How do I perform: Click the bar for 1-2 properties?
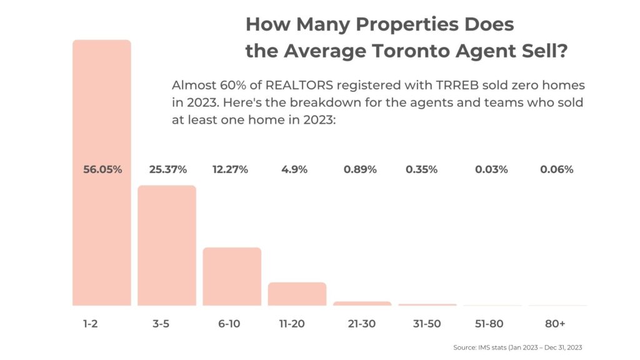tap(102, 237)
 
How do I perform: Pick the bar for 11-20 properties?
tap(297, 294)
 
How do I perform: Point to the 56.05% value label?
tap(102, 169)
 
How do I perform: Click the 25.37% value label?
tap(167, 169)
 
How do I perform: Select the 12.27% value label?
tap(232, 169)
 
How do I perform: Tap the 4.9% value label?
tap(294, 169)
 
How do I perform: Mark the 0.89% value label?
tap(360, 169)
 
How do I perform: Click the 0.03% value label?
tap(490, 169)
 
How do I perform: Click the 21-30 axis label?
tap(362, 324)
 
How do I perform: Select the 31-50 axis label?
tap(427, 324)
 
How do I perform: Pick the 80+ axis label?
tap(554, 324)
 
